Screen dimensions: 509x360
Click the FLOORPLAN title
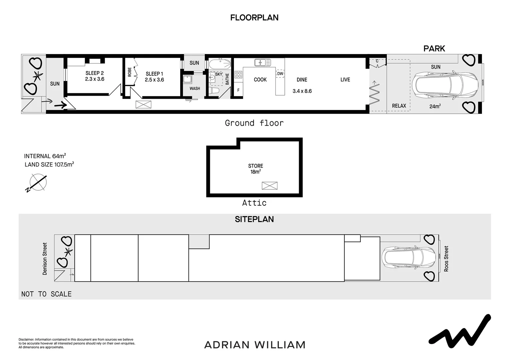(x=254, y=18)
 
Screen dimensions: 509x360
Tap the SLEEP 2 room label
(x=95, y=73)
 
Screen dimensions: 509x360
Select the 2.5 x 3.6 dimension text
(x=154, y=80)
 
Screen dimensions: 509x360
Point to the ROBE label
(x=130, y=72)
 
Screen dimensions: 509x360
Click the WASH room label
(x=195, y=88)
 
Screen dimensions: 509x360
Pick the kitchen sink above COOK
(x=262, y=62)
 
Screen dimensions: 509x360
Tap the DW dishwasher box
(x=280, y=73)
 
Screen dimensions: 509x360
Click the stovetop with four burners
(x=239, y=75)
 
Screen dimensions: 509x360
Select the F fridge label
(x=238, y=90)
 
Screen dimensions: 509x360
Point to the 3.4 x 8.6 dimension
(x=302, y=91)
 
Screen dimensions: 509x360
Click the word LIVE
(x=345, y=80)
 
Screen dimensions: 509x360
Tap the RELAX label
(x=399, y=106)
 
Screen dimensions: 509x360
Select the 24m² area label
(x=435, y=106)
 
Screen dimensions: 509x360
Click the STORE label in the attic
(x=255, y=166)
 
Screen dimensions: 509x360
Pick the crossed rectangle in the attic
(x=269, y=186)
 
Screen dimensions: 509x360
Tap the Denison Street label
(x=45, y=259)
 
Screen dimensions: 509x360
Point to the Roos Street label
(x=446, y=259)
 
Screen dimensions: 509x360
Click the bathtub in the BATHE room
(x=220, y=64)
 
